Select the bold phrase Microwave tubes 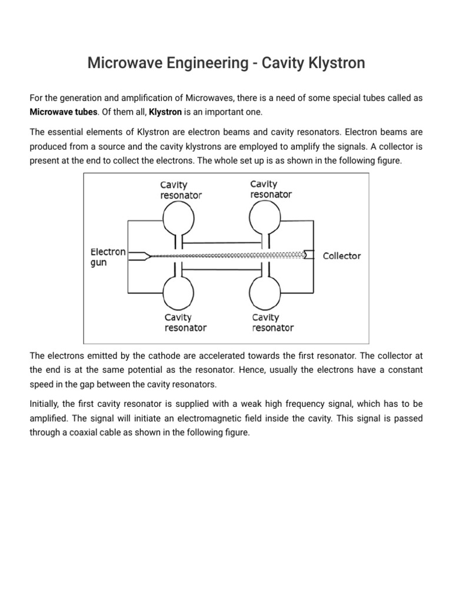(64, 112)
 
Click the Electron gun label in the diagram (108, 257)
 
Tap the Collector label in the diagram (342, 256)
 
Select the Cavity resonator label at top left (181, 190)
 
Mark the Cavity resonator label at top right (271, 189)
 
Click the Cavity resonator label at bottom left (185, 323)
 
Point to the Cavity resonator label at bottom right (272, 323)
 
